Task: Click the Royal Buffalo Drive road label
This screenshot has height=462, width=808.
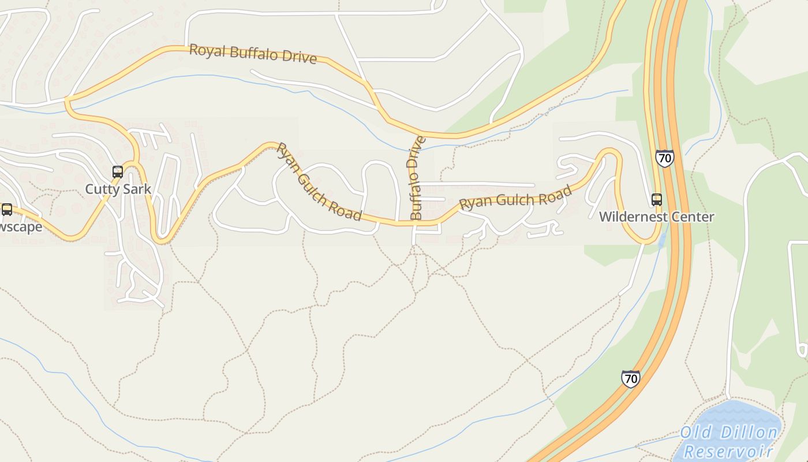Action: coord(253,53)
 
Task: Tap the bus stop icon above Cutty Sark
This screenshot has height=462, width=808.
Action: coord(118,172)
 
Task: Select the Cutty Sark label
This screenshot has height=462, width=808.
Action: coord(118,189)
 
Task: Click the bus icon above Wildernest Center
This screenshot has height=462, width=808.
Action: coord(656,200)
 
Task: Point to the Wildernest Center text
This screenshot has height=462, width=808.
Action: coord(656,217)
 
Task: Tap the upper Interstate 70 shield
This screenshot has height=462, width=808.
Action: coord(664,158)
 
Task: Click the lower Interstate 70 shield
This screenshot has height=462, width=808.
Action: coord(631,378)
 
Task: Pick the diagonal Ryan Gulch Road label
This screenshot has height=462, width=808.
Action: coord(319,182)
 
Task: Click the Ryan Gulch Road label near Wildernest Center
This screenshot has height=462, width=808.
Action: coord(515,198)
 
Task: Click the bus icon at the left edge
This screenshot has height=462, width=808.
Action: coord(6,209)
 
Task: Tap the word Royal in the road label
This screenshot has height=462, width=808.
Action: coord(206,50)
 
